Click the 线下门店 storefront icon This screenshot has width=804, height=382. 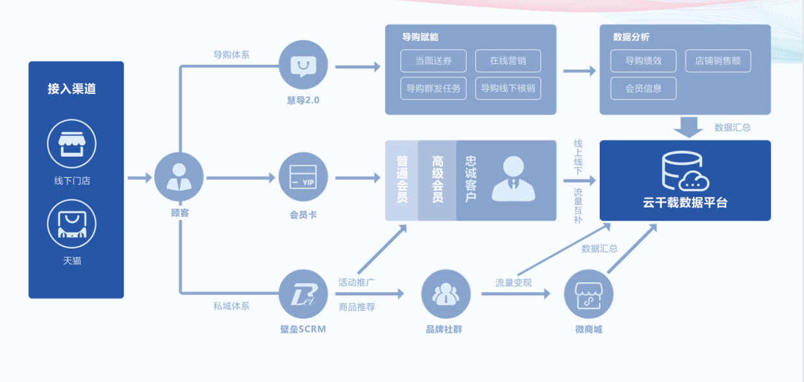(x=71, y=144)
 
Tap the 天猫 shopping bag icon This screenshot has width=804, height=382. (x=71, y=224)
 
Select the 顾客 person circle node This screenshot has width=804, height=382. (x=178, y=177)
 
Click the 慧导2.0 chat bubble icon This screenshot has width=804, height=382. (x=303, y=67)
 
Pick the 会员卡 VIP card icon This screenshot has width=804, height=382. (x=303, y=177)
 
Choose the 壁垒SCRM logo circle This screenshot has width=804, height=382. (x=303, y=294)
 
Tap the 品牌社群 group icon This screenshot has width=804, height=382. (x=445, y=294)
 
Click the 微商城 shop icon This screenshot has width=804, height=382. (x=589, y=294)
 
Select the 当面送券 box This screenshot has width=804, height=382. (x=433, y=61)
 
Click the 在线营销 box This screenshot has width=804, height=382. (x=508, y=61)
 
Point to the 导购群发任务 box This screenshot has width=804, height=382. (x=433, y=88)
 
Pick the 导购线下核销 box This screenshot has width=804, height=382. (x=508, y=88)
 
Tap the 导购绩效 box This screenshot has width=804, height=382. (x=643, y=61)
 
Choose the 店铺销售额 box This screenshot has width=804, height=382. (x=718, y=61)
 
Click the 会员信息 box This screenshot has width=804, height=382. (x=643, y=88)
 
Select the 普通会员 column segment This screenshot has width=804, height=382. (x=402, y=180)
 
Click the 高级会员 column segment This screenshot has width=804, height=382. (x=437, y=180)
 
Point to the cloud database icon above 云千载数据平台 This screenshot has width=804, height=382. (x=684, y=170)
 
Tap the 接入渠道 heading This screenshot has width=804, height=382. (x=71, y=89)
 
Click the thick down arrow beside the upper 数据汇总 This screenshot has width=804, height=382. (x=688, y=127)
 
